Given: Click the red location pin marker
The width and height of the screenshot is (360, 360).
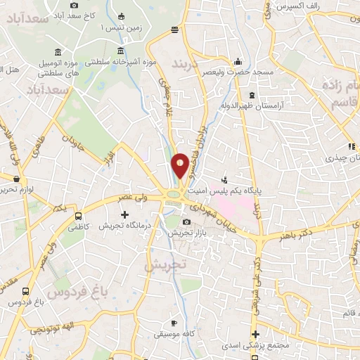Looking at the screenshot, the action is (x=180, y=166).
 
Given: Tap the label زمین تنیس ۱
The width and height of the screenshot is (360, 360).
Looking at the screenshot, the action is (x=110, y=27).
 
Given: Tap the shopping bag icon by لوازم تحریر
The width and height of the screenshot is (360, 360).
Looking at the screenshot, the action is (x=15, y=178).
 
